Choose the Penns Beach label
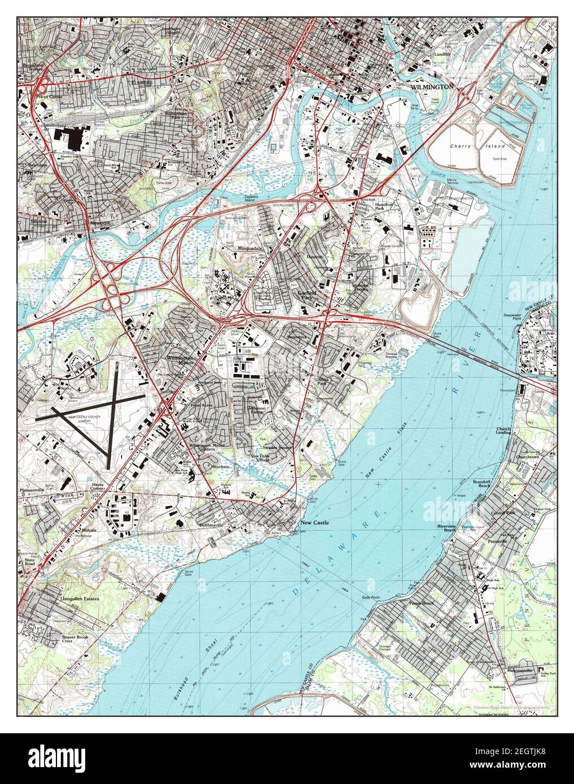coord(421,603)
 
